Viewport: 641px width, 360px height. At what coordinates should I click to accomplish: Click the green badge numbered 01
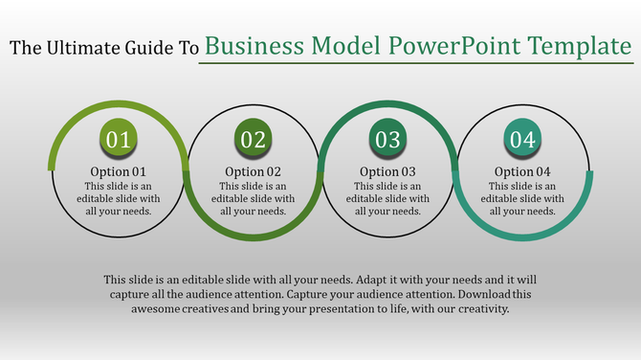coord(118,141)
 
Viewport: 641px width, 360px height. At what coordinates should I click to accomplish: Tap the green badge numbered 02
coord(253,141)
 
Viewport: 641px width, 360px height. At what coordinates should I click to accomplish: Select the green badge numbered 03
coord(387,141)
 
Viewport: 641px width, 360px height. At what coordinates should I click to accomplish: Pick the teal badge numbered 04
coord(522,141)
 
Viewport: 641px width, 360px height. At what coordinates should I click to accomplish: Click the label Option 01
coord(118,172)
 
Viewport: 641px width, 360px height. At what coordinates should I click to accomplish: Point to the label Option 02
coord(253,172)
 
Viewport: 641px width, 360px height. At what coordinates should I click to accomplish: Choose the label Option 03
coord(387,172)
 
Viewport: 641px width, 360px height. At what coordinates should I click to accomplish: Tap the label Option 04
coord(522,172)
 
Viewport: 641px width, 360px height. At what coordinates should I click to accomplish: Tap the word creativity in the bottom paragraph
coord(482,309)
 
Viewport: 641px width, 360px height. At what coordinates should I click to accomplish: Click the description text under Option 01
coord(118,198)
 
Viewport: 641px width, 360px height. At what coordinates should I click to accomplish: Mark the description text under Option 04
coord(522,198)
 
